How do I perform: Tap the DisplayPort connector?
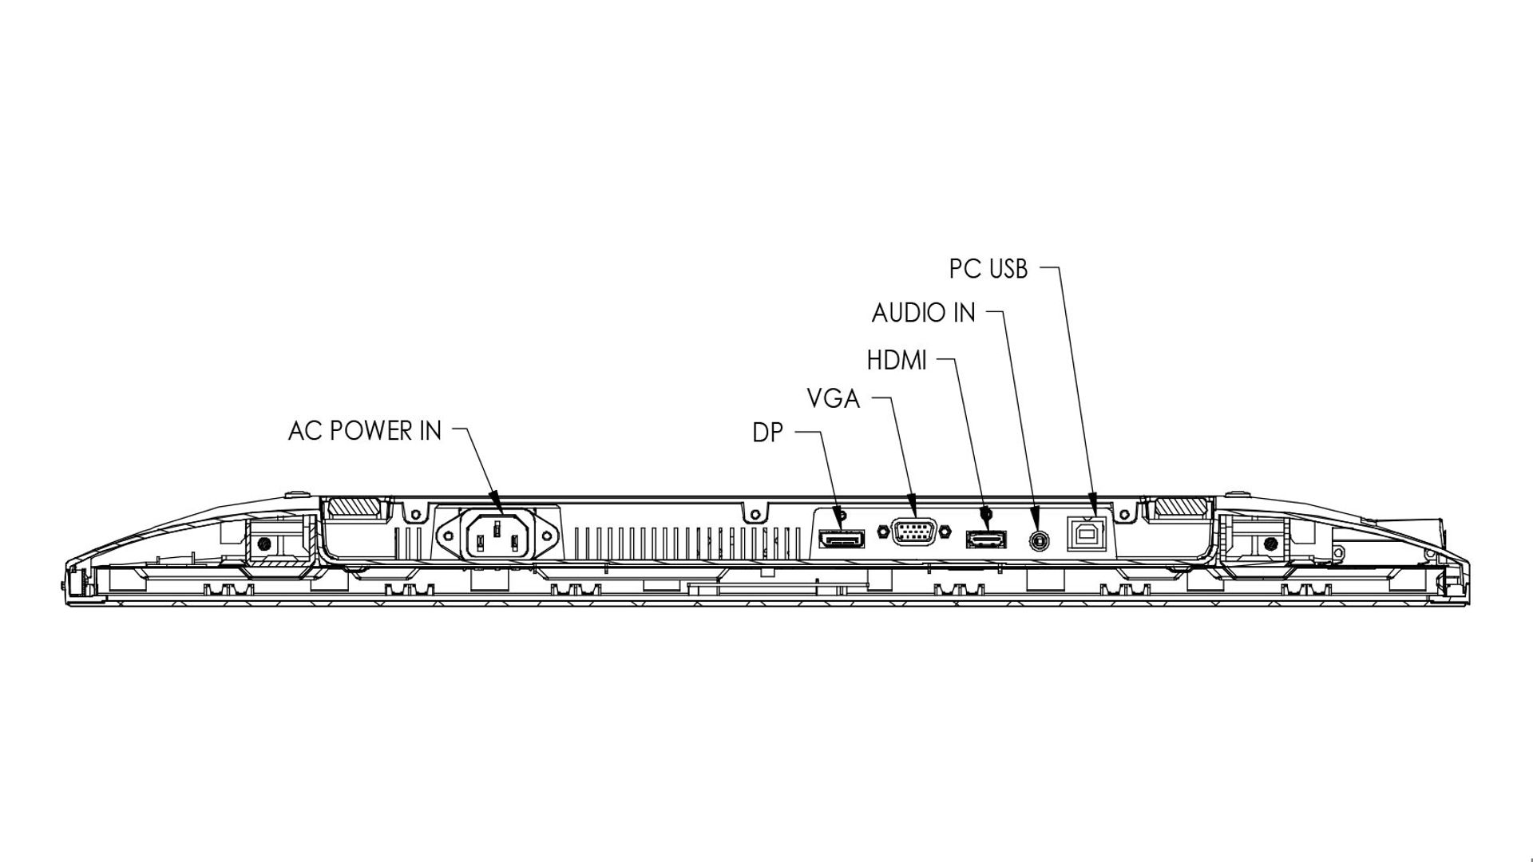click(841, 540)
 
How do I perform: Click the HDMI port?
click(986, 539)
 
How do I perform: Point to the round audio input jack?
click(1038, 539)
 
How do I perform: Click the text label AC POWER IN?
click(364, 431)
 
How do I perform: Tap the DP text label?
click(767, 433)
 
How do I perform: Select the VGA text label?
click(833, 398)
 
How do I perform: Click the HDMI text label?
click(897, 361)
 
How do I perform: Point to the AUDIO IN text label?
click(923, 313)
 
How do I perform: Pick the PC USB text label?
click(988, 269)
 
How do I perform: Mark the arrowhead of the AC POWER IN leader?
click(496, 500)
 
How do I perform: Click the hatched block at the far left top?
click(355, 508)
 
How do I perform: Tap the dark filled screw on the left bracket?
click(265, 544)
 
